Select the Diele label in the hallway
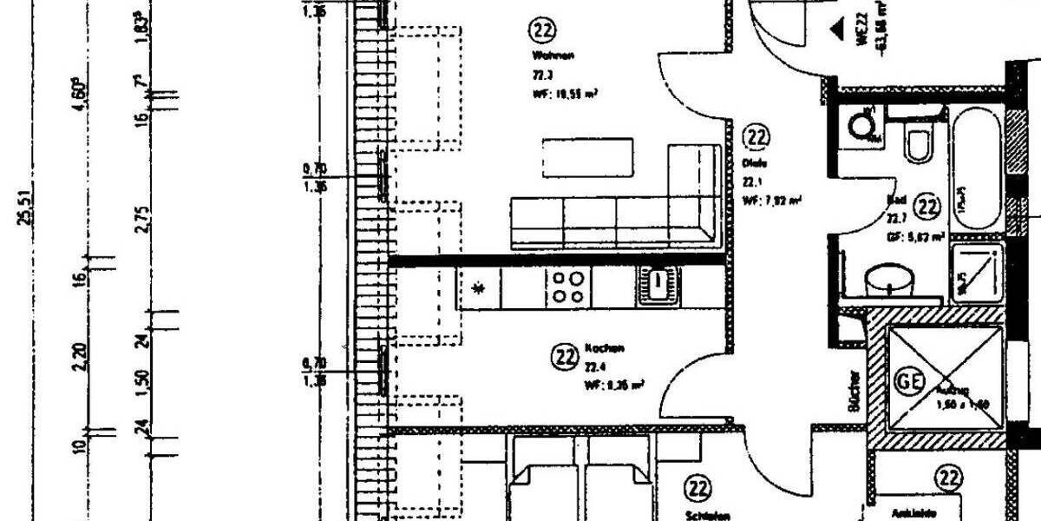[752, 162]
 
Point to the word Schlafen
[700, 513]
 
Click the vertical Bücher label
[854, 392]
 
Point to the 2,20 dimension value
[81, 356]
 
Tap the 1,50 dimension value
[143, 380]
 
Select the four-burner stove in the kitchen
[568, 287]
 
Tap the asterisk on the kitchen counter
[479, 287]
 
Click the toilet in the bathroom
[918, 141]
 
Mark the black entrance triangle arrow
[837, 30]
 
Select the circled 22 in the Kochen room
[566, 356]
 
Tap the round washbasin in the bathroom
[892, 280]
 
